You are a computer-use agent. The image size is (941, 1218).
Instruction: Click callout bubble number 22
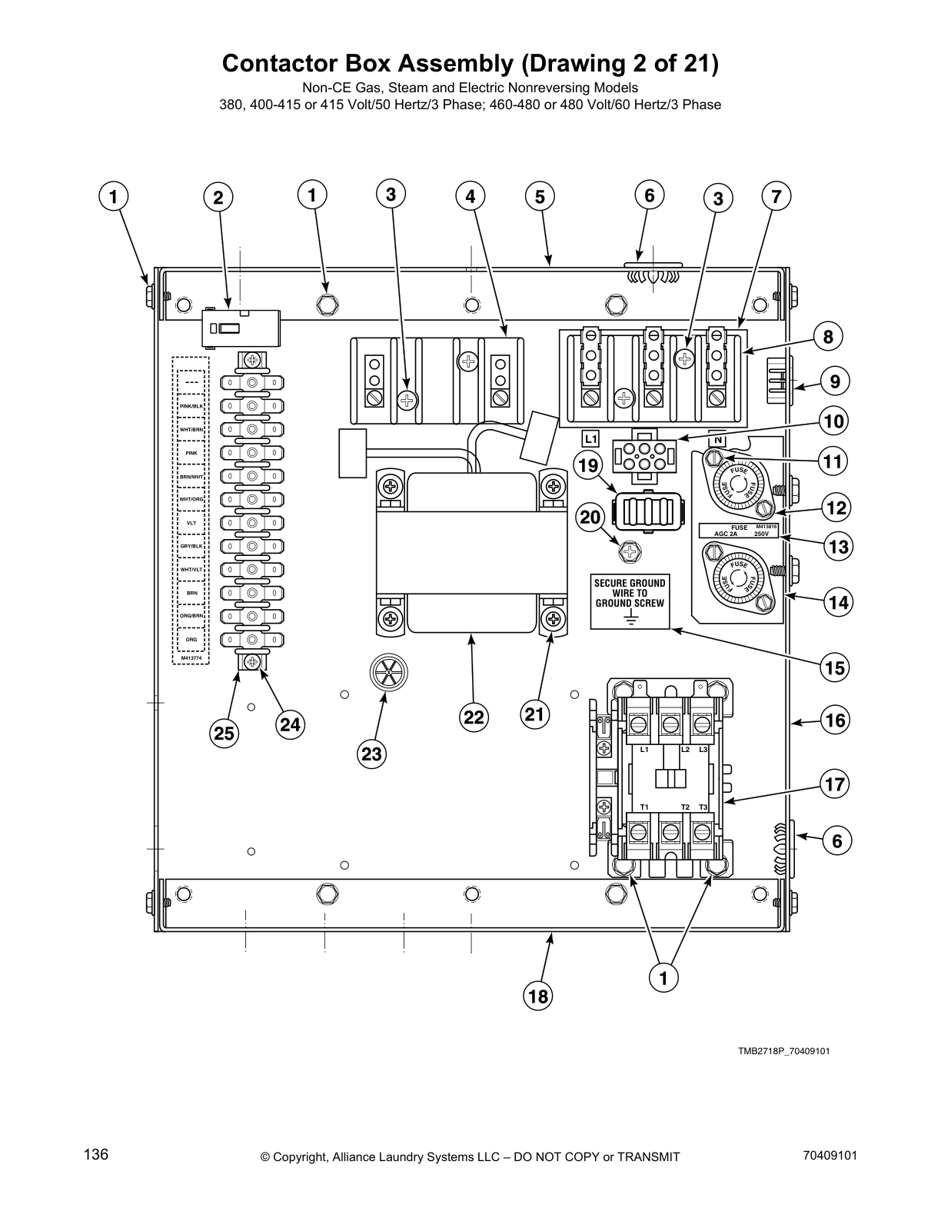(x=474, y=717)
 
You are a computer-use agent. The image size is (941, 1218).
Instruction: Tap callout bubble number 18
(x=538, y=997)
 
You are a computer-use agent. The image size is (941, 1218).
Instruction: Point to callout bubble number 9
(x=835, y=381)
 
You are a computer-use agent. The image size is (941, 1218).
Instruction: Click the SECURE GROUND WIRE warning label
(x=630, y=601)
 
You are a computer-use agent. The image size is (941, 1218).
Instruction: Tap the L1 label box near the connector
(x=590, y=439)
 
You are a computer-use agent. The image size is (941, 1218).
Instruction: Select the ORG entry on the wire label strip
(x=191, y=639)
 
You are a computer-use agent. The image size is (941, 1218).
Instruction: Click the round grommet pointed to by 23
(x=388, y=674)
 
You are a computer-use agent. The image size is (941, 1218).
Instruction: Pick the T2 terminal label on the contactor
(x=685, y=807)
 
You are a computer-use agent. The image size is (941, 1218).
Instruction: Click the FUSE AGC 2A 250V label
(x=738, y=530)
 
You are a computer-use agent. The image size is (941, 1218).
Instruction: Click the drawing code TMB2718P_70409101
(x=783, y=1050)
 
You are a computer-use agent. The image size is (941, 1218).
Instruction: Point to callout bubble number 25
(x=224, y=733)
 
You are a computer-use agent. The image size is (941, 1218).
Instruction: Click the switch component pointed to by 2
(x=241, y=328)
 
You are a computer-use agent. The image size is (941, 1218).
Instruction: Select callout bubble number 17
(x=835, y=785)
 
